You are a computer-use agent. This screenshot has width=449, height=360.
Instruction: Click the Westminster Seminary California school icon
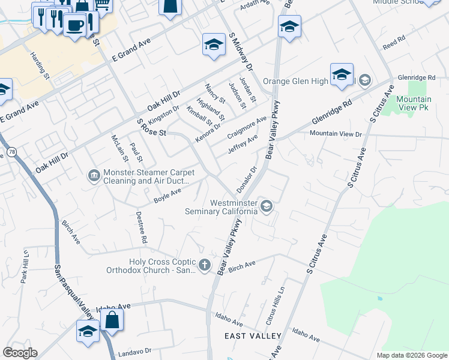point(267,206)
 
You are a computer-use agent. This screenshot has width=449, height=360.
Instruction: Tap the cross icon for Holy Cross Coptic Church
point(205,265)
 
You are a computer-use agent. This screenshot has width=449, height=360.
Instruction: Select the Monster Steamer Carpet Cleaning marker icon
point(94,175)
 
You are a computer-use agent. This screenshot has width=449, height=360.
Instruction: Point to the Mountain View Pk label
point(414,103)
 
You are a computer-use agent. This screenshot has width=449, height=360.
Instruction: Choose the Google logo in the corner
point(20,353)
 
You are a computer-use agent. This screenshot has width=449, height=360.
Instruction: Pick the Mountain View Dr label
point(336,134)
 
